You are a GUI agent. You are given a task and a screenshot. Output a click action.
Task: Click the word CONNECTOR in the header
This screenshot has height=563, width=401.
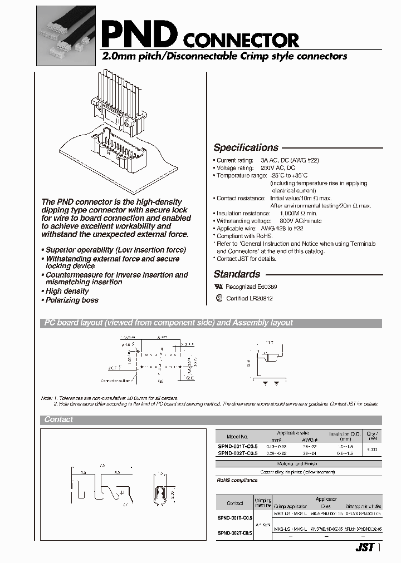pyautogui.click(x=241, y=40)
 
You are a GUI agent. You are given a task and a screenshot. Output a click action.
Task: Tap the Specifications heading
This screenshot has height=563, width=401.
pyautogui.click(x=246, y=147)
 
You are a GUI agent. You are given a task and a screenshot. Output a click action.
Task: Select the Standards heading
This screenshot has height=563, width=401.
pyautogui.click(x=237, y=274)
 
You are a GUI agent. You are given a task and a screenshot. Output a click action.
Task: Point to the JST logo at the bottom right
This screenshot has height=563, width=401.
pyautogui.click(x=364, y=547)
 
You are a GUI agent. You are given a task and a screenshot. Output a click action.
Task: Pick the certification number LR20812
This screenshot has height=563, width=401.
pyautogui.click(x=257, y=299)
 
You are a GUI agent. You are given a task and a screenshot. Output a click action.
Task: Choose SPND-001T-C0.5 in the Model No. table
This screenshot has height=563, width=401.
pyautogui.click(x=237, y=447)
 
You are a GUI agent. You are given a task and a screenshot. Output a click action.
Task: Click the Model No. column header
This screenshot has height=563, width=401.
pyautogui.click(x=237, y=437)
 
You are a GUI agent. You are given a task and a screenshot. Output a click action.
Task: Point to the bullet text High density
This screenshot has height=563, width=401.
pyautogui.click(x=67, y=291)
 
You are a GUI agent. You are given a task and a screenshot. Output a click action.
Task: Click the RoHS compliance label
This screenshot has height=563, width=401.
pyautogui.click(x=237, y=480)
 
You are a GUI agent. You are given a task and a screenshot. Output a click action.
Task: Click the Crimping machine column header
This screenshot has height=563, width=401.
pyautogui.click(x=263, y=503)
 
